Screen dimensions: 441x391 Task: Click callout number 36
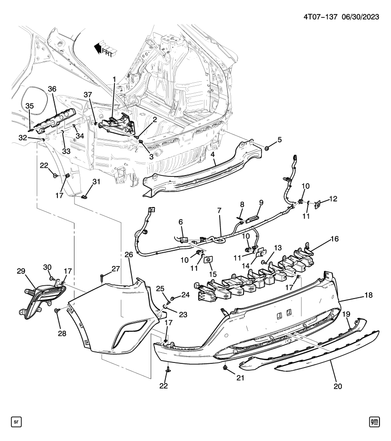pyautogui.click(x=52, y=89)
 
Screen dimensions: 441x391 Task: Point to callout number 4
pyautogui.click(x=213, y=155)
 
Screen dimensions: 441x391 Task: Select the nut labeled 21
pyautogui.click(x=226, y=368)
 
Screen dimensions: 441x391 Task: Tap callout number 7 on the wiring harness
pyautogui.click(x=219, y=210)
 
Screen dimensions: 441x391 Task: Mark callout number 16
pyautogui.click(x=334, y=239)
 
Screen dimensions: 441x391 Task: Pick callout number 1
pyautogui.click(x=114, y=80)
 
